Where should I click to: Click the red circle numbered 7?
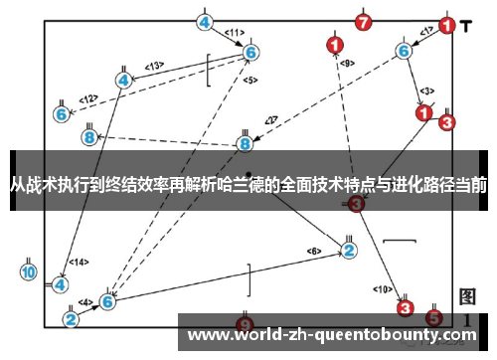(x=364, y=21)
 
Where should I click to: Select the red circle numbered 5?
(x=433, y=318)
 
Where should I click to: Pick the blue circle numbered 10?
(x=29, y=271)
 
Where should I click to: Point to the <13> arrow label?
(x=154, y=66)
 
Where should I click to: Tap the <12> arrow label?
(x=89, y=98)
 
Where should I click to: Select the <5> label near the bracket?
(x=250, y=80)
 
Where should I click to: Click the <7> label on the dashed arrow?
(x=270, y=121)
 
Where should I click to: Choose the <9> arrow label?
(x=347, y=64)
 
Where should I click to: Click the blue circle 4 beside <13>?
(x=123, y=80)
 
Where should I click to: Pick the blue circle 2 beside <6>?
(x=348, y=250)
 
